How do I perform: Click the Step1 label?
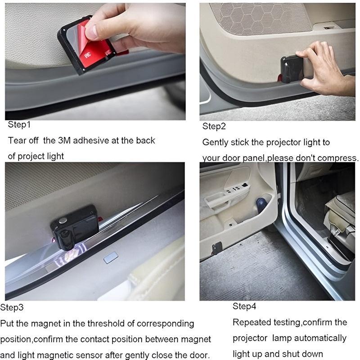point(19,125)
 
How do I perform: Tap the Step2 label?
point(214,126)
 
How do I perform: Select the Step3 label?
point(12,308)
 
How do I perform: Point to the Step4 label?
point(244,306)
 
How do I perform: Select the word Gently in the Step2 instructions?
point(215,143)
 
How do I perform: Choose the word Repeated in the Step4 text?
point(252,322)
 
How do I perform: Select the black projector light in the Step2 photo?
point(292,68)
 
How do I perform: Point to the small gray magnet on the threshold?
point(110,257)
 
